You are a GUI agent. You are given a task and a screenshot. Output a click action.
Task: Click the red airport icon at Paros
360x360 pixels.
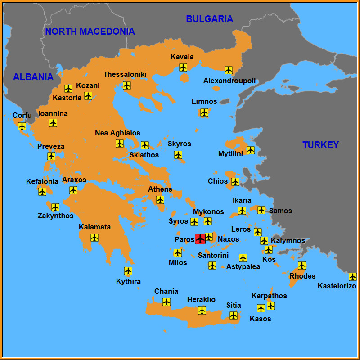pyautogui.click(x=200, y=238)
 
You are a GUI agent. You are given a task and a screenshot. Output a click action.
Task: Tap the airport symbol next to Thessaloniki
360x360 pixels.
pyautogui.click(x=127, y=85)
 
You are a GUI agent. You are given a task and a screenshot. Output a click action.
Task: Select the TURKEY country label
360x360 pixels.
pyautogui.click(x=320, y=145)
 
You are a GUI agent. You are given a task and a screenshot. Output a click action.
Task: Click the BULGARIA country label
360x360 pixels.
pyautogui.click(x=210, y=19)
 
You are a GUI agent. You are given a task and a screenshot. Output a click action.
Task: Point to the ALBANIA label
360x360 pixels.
pyautogui.click(x=33, y=77)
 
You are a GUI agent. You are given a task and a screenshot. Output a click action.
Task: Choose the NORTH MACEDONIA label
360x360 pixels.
pyautogui.click(x=90, y=31)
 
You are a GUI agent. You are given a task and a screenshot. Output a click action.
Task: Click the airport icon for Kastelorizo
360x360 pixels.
pyautogui.click(x=353, y=277)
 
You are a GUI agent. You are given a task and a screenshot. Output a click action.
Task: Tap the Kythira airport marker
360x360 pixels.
pyautogui.click(x=128, y=271)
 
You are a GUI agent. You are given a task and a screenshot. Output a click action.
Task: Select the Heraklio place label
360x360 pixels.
pyautogui.click(x=201, y=299)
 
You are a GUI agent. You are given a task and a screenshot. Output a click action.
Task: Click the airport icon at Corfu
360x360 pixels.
pyautogui.click(x=22, y=126)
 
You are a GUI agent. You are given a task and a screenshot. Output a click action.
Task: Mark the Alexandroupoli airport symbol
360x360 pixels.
pyautogui.click(x=229, y=70)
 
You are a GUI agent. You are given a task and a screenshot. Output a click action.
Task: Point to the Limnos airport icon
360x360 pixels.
pyautogui.click(x=204, y=112)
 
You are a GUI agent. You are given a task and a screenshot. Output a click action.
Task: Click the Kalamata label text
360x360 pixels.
pyautogui.click(x=94, y=227)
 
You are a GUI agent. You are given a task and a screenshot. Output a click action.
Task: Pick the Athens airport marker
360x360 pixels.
pyautogui.click(x=160, y=200)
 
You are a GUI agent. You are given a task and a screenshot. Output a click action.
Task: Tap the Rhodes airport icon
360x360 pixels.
pyautogui.click(x=302, y=265)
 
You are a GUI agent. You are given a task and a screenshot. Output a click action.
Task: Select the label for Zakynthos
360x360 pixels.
pyautogui.click(x=55, y=216)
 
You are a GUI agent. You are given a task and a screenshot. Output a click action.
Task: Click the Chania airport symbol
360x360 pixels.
pyautogui.click(x=166, y=302)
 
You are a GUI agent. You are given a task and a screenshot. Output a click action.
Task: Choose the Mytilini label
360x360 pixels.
pyautogui.click(x=230, y=153)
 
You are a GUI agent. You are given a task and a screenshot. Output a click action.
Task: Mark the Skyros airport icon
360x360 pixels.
pyautogui.click(x=178, y=155)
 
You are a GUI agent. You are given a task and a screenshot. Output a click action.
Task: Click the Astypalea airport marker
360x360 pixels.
pyautogui.click(x=243, y=258)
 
